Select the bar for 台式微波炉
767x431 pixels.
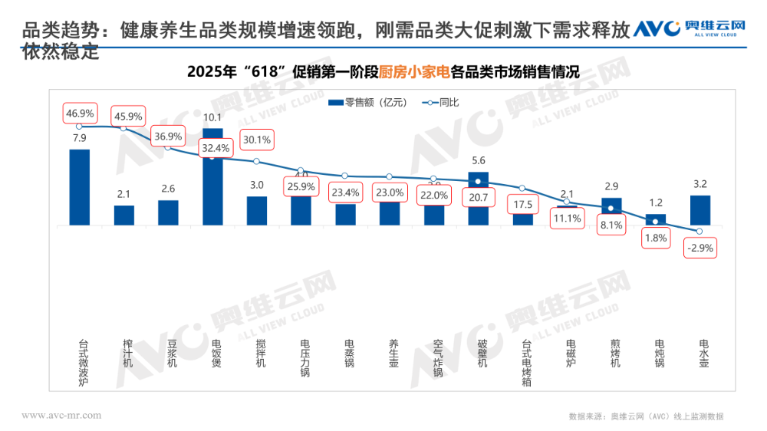pos(80,187)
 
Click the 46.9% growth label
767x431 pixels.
pos(80,114)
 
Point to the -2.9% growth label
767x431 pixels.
pos(700,248)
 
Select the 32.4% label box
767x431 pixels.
pos(213,147)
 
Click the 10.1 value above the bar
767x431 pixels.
pos(212,117)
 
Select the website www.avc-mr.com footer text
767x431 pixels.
pos(61,415)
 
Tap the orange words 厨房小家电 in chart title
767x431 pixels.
pos(414,73)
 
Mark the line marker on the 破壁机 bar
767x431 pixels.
pos(478,182)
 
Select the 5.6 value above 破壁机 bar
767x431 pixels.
pos(478,161)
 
